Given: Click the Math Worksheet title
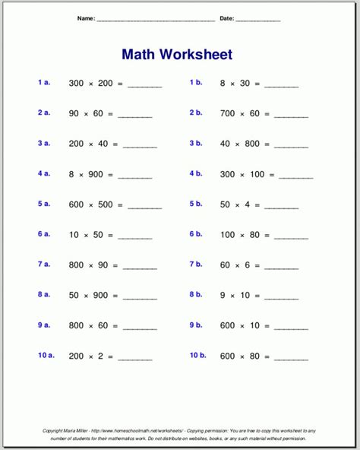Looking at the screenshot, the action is [176, 55].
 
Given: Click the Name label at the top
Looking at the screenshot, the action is [86, 18].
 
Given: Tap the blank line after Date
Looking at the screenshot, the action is [258, 19].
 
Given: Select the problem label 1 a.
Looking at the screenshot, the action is [44, 82].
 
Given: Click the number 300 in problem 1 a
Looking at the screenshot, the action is [76, 83].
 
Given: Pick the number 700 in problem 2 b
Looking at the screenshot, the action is [228, 114].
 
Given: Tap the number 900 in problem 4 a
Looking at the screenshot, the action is [97, 175].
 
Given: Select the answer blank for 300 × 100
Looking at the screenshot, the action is [295, 176].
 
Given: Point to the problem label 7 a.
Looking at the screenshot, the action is [44, 265].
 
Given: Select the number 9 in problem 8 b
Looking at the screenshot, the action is [223, 296].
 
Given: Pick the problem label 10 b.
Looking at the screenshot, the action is [197, 356].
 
